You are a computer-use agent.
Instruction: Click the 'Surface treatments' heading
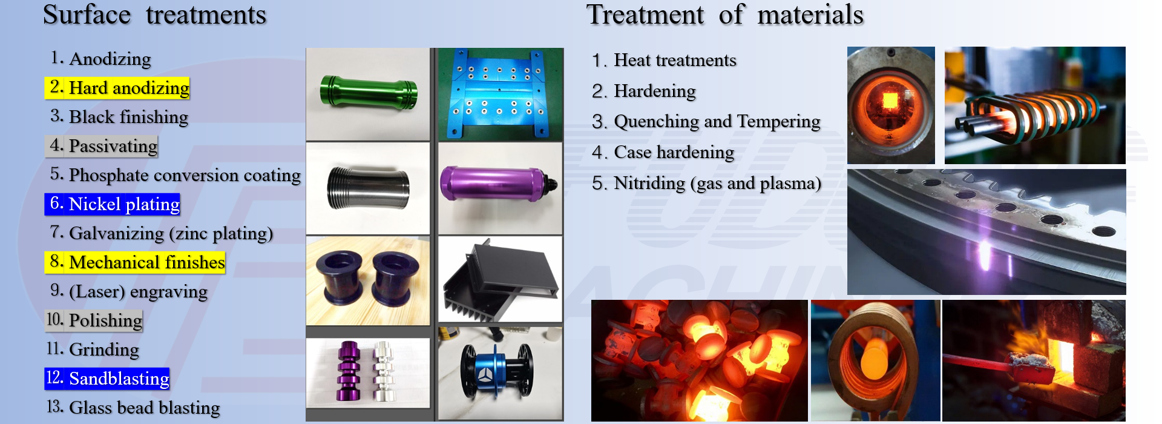(155, 15)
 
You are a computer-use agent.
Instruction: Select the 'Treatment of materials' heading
(725, 15)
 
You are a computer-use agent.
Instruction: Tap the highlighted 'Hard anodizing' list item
(117, 88)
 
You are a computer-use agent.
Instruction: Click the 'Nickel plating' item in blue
(113, 204)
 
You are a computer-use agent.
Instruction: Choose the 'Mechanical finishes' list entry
(135, 262)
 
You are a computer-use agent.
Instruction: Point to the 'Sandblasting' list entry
(107, 379)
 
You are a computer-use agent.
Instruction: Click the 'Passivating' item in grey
(102, 146)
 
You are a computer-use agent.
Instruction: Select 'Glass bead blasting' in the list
(133, 408)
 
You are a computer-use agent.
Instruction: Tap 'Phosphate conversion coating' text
(176, 175)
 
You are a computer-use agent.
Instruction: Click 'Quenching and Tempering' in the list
(706, 122)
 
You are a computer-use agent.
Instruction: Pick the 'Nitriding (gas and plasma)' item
(707, 183)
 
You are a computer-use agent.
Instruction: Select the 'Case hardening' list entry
(663, 152)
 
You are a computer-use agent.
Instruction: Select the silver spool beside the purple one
(383, 371)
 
